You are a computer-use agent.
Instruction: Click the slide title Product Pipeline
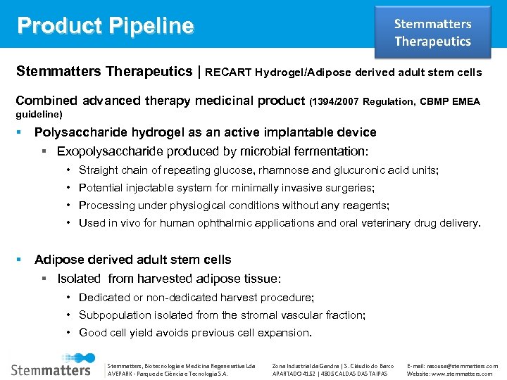point(105,25)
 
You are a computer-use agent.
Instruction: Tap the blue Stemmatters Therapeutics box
point(432,32)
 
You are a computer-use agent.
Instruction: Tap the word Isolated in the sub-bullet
point(78,279)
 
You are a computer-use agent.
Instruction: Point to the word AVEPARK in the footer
point(118,374)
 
